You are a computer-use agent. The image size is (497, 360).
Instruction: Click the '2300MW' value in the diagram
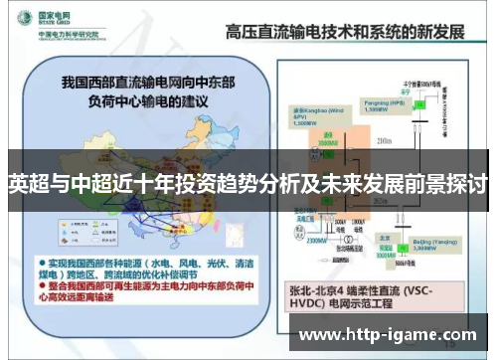point(317,239)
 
